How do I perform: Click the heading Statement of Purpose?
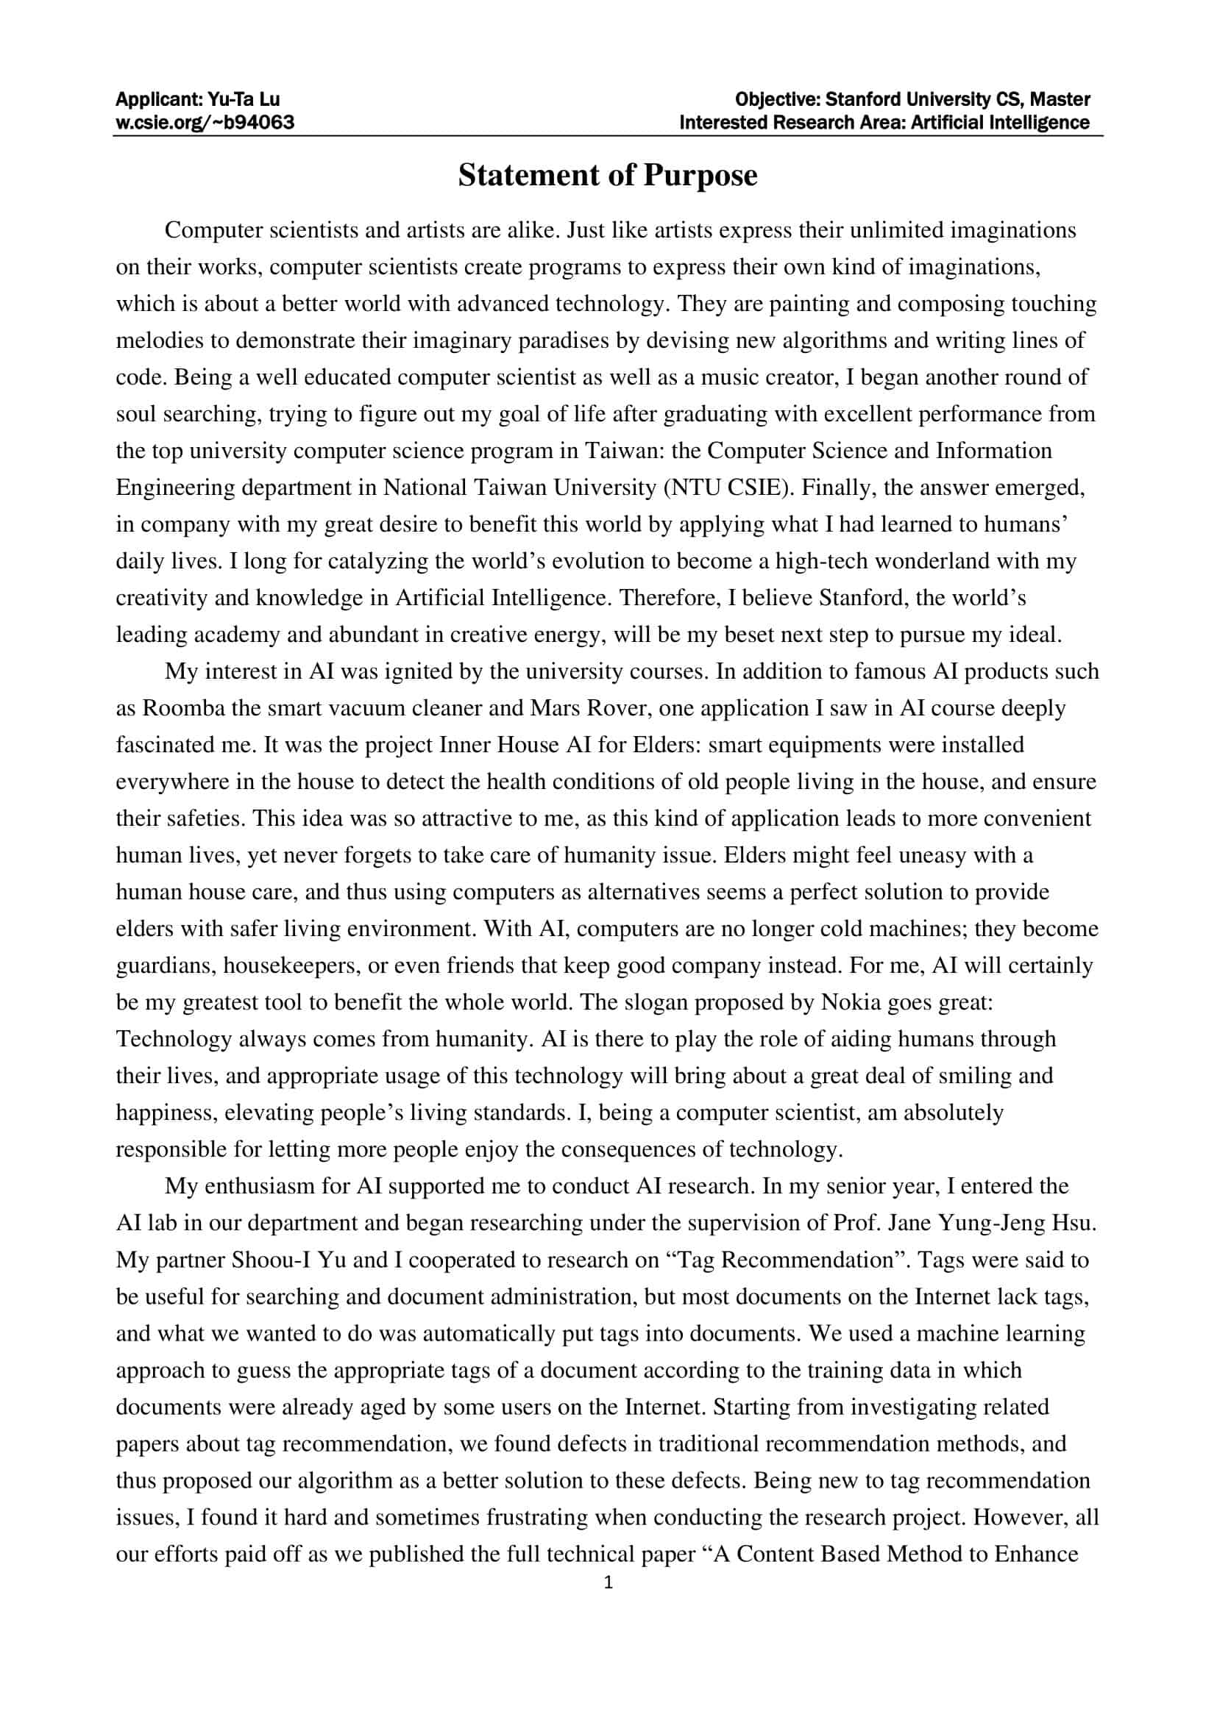point(608,175)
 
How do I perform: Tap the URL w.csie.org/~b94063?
point(205,122)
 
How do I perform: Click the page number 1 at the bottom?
point(608,1583)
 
